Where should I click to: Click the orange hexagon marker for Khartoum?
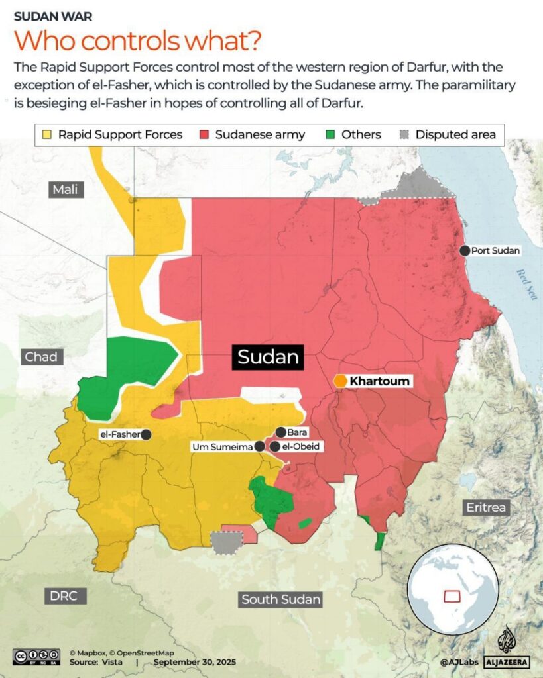coord(340,381)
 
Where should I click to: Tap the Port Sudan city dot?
coord(465,250)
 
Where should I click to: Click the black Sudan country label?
coord(268,358)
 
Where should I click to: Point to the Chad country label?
coord(41,357)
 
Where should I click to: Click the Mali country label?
coord(66,190)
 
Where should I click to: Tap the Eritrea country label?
coord(485,508)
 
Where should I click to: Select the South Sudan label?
coord(281,599)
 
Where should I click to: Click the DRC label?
coord(64,595)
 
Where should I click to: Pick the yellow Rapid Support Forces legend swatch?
coord(48,134)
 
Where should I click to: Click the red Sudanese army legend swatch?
coord(204,134)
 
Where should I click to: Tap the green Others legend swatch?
coord(331,134)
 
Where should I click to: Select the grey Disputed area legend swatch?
coord(404,134)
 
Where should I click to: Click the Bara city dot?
coord(281,432)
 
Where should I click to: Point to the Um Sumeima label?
coord(221,447)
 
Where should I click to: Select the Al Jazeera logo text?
coord(507,661)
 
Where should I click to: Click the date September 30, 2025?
coord(194,661)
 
